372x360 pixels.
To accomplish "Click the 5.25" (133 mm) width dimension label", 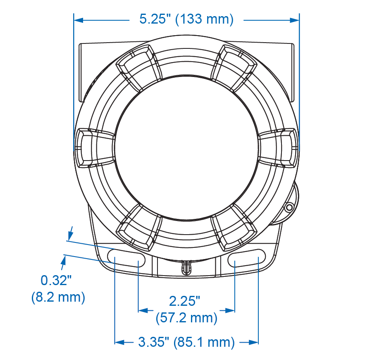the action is coord(186,19).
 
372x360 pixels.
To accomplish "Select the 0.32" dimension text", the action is coord(56,280).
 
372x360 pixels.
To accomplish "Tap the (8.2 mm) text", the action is coord(58,297).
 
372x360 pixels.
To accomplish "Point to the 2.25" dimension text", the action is coord(184,301).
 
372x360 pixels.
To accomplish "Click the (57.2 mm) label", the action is coord(186,318).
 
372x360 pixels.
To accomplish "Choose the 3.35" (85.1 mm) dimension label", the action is coord(186,342).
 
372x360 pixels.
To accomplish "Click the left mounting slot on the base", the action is coord(126,258).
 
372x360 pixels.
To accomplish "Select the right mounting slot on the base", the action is coord(247,258).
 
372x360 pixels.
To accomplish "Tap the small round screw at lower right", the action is coord(289,207).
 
